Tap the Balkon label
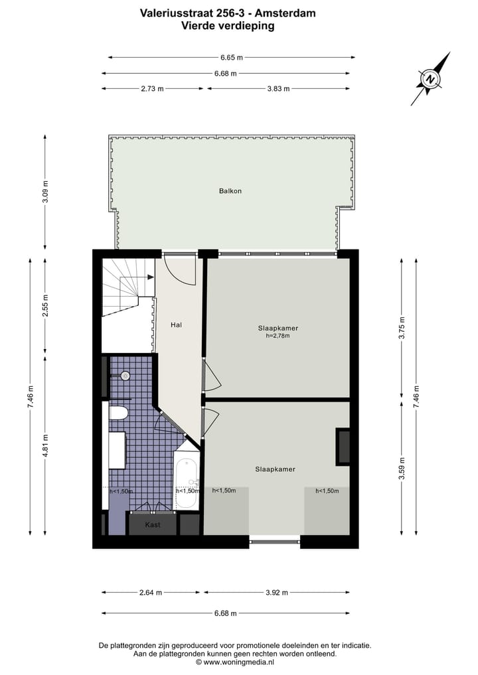pos(230,191)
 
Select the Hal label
pos(176,325)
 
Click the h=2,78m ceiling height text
pos(278,336)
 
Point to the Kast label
pos(153,524)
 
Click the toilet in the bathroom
pos(118,413)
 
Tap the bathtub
pos(187,481)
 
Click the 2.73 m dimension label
pos(152,89)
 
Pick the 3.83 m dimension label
pos(278,89)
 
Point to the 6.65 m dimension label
pos(231,58)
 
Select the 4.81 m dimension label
pos(45,445)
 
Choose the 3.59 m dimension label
pos(401,467)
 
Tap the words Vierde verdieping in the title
pos(228,26)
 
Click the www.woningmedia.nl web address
pos(238,662)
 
